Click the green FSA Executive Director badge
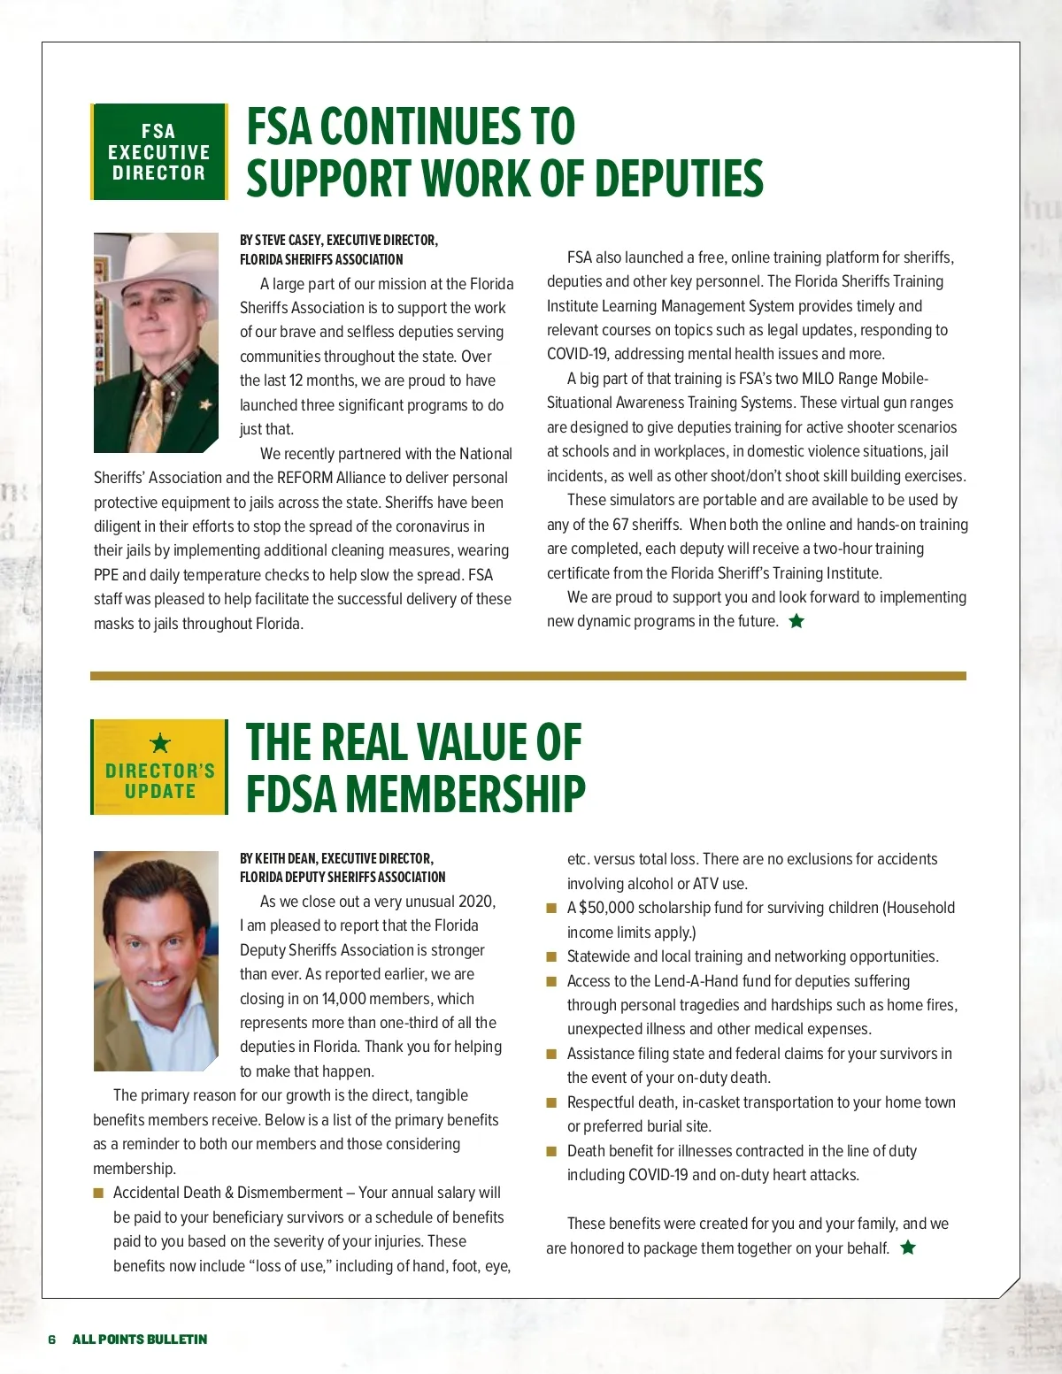[x=159, y=151]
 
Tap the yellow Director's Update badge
[x=159, y=767]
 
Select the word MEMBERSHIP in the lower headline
[x=466, y=794]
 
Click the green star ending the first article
[x=796, y=621]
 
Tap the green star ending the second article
[x=908, y=1247]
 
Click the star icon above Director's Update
[x=159, y=742]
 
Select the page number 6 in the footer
[x=52, y=1339]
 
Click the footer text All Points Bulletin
[x=140, y=1339]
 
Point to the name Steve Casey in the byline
[x=289, y=240]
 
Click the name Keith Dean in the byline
[x=285, y=858]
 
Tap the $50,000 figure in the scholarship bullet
[x=606, y=908]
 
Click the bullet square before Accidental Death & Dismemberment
[x=99, y=1194]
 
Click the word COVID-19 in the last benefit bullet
[x=658, y=1175]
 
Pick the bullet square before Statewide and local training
[x=551, y=956]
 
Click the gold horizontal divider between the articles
[x=528, y=676]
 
